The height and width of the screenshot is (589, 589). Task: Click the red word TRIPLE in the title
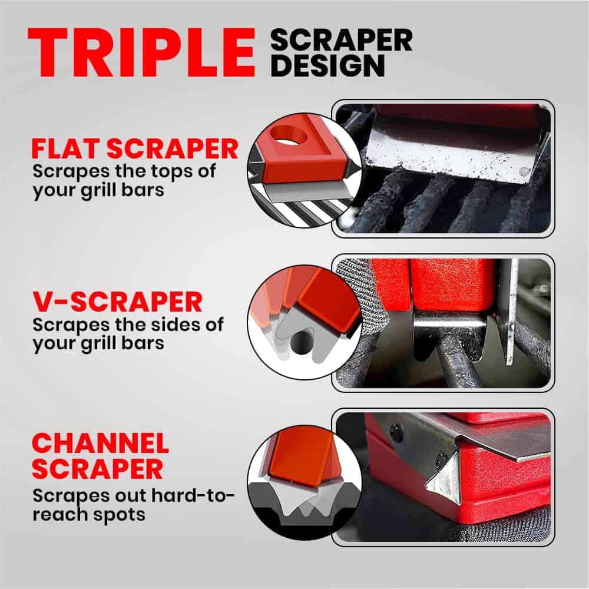[x=141, y=52]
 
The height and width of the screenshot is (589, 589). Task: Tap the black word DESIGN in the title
[x=327, y=66]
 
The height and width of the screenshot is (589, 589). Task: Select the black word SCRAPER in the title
[x=341, y=40]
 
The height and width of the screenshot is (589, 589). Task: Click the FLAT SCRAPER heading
[x=135, y=149]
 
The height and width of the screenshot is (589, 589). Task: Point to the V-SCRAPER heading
[x=118, y=302]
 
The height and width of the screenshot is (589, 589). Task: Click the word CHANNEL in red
[x=100, y=444]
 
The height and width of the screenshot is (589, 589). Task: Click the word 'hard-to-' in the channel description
[x=193, y=496]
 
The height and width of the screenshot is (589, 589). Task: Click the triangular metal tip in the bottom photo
[x=444, y=478]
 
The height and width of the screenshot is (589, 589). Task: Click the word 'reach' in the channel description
[x=60, y=515]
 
